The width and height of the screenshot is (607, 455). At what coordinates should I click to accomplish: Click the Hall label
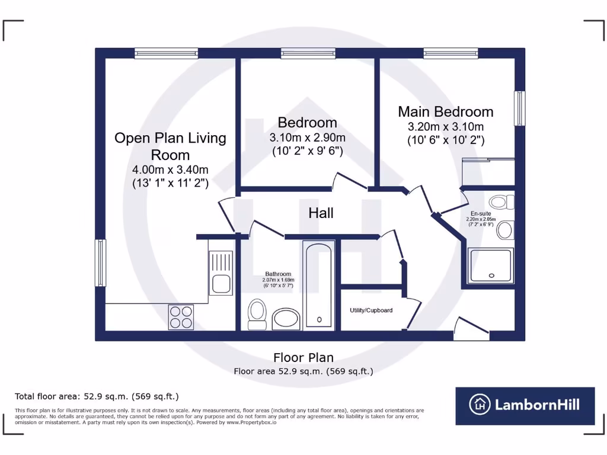point(321,213)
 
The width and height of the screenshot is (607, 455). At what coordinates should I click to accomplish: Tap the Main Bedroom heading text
point(445,111)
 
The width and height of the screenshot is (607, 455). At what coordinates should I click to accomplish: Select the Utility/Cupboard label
point(371,310)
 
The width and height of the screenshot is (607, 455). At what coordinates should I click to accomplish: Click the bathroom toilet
point(257,313)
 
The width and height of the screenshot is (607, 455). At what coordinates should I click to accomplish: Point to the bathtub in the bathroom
point(319,284)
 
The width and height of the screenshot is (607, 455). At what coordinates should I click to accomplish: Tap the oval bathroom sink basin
point(286,319)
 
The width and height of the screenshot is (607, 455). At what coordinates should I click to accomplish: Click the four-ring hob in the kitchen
point(181,316)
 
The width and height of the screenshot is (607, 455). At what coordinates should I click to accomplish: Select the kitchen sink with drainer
point(220,272)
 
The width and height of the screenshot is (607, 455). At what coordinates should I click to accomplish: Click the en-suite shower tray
point(490,265)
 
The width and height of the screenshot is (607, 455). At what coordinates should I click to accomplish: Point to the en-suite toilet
point(501,203)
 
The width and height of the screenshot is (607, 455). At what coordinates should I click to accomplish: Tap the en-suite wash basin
point(505,230)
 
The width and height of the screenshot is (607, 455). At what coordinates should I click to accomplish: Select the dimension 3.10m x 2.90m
point(307,137)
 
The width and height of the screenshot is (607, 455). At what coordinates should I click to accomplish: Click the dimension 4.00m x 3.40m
point(170,170)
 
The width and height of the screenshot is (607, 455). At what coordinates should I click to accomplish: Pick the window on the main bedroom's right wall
point(519,108)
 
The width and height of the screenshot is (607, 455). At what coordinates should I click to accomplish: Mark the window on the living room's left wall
point(101,262)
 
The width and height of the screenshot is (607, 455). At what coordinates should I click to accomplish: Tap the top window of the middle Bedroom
point(308,53)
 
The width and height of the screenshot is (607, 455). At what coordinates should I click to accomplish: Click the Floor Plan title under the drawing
point(303,357)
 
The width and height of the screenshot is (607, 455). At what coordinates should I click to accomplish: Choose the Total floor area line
point(97,396)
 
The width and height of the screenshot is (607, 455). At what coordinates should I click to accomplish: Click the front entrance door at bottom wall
point(472,329)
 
